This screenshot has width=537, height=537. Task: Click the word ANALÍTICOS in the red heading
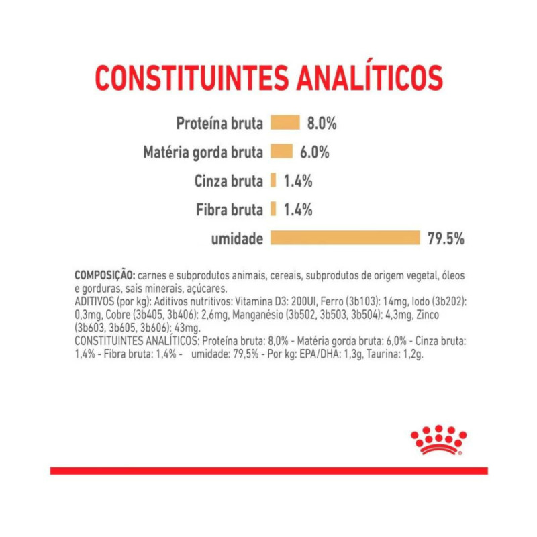coord(369,79)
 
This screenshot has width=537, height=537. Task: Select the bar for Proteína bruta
coord(285,123)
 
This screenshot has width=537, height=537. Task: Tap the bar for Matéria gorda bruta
coord(281,152)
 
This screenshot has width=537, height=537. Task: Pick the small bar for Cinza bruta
coord(273,181)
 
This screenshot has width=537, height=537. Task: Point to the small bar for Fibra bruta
coord(273,209)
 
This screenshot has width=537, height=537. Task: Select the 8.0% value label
coord(322,124)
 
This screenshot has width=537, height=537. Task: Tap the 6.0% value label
coord(314,152)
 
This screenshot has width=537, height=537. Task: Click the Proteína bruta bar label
coord(219,124)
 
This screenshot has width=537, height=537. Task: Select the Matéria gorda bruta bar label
coord(202,152)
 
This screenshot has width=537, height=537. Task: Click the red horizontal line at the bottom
coord(268,471)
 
